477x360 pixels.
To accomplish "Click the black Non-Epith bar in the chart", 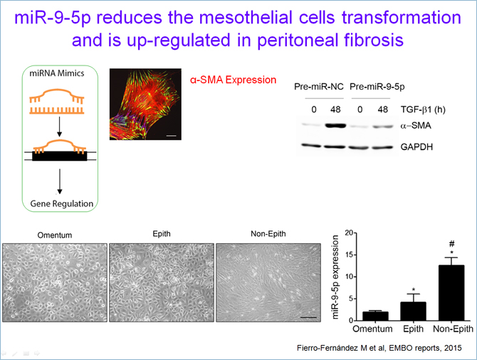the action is point(451,293).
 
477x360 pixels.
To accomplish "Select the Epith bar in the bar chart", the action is point(413,312).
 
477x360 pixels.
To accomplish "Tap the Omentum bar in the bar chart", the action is point(375,316).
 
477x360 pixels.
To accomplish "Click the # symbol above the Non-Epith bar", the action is point(452,243).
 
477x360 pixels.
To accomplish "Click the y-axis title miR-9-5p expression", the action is point(335,277).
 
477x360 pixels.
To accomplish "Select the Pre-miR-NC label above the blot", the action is point(318,87).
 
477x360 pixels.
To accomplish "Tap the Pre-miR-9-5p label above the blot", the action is point(377,87).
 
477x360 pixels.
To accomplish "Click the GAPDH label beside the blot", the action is point(416,147).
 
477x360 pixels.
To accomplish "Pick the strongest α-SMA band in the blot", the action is point(335,126).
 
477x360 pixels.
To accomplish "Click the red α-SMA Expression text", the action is point(233,80).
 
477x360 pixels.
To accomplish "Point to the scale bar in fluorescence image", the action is point(172,136).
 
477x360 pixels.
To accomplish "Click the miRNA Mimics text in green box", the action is point(57,73).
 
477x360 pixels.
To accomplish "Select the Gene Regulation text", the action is point(62,203).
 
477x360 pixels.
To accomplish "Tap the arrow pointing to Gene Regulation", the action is point(60,181).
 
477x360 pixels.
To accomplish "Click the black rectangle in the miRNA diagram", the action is point(60,156).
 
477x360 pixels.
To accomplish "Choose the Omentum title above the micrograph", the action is point(55,235).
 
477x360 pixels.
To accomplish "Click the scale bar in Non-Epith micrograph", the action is point(308,317).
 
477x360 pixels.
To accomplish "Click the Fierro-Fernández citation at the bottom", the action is point(379,348).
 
